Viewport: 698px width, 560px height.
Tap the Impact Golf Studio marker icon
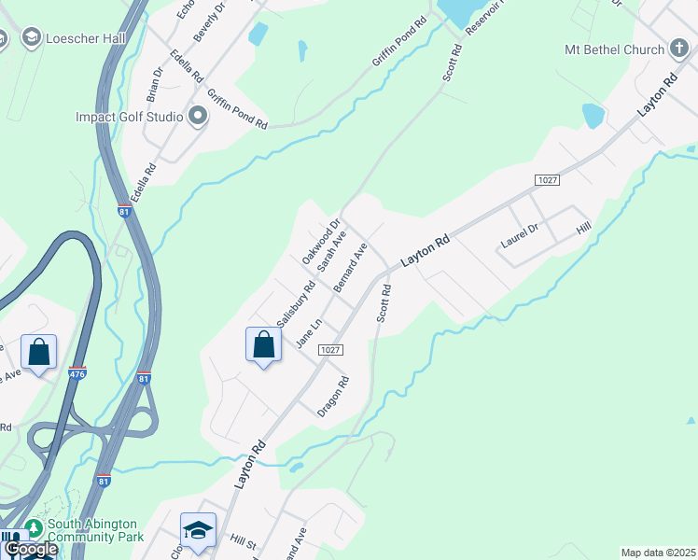coord(197,118)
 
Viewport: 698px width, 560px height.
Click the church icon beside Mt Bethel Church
coord(679,49)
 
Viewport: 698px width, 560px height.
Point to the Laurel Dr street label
coord(520,237)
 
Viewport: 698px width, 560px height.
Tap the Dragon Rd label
coord(333,396)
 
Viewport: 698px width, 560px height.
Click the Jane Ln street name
coord(308,334)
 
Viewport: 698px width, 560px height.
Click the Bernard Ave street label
coord(351,267)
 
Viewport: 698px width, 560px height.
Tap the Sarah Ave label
coord(332,252)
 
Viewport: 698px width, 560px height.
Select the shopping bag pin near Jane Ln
coord(264,344)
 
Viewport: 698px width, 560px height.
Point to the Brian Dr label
coord(155,83)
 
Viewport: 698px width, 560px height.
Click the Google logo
coord(30,549)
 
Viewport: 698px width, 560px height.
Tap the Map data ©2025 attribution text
coord(659,553)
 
